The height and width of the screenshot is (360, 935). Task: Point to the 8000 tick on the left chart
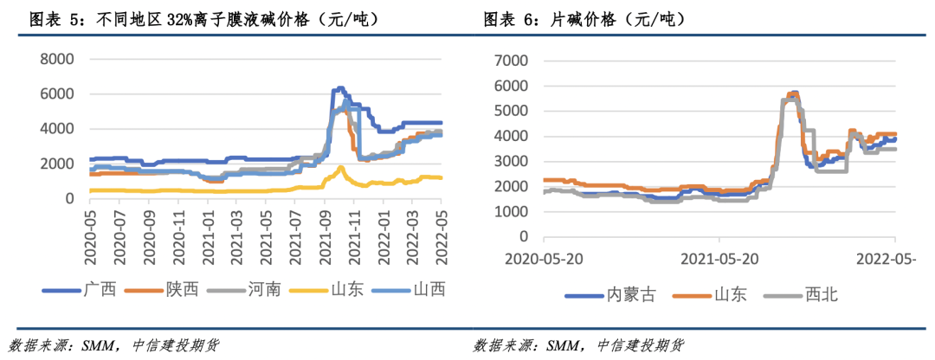coord(56,59)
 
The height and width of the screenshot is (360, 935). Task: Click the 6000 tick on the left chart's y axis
coord(56,93)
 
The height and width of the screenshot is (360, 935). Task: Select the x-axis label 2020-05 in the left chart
coord(89,235)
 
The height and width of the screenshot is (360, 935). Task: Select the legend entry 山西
coord(429,289)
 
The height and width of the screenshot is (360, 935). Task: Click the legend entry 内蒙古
coord(629,296)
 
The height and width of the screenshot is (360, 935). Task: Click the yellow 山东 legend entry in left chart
coord(345,289)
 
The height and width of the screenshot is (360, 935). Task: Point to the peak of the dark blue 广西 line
coord(339,88)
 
